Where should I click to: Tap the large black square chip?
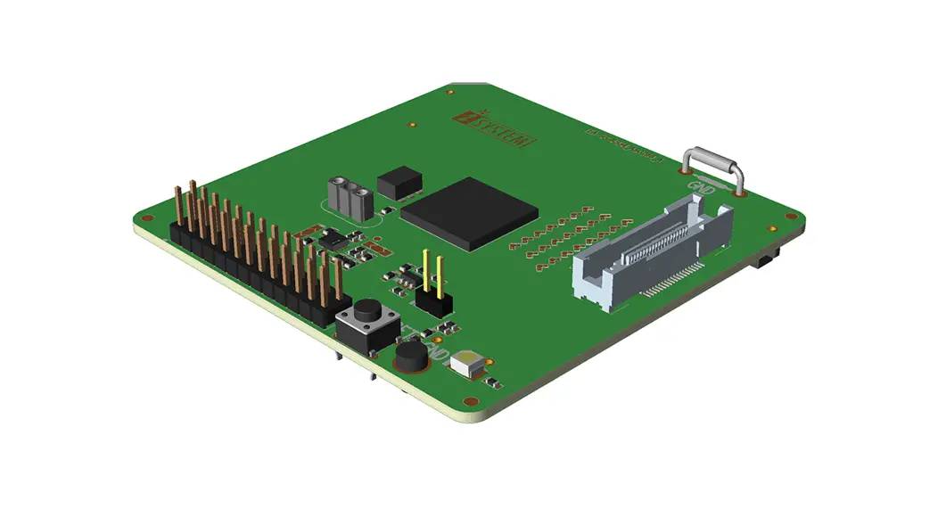[470, 212]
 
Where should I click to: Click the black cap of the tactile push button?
[366, 314]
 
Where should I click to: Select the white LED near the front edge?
[469, 363]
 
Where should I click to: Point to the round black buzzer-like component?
[411, 357]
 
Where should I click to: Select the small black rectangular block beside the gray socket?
[399, 182]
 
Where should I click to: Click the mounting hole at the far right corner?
[790, 215]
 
